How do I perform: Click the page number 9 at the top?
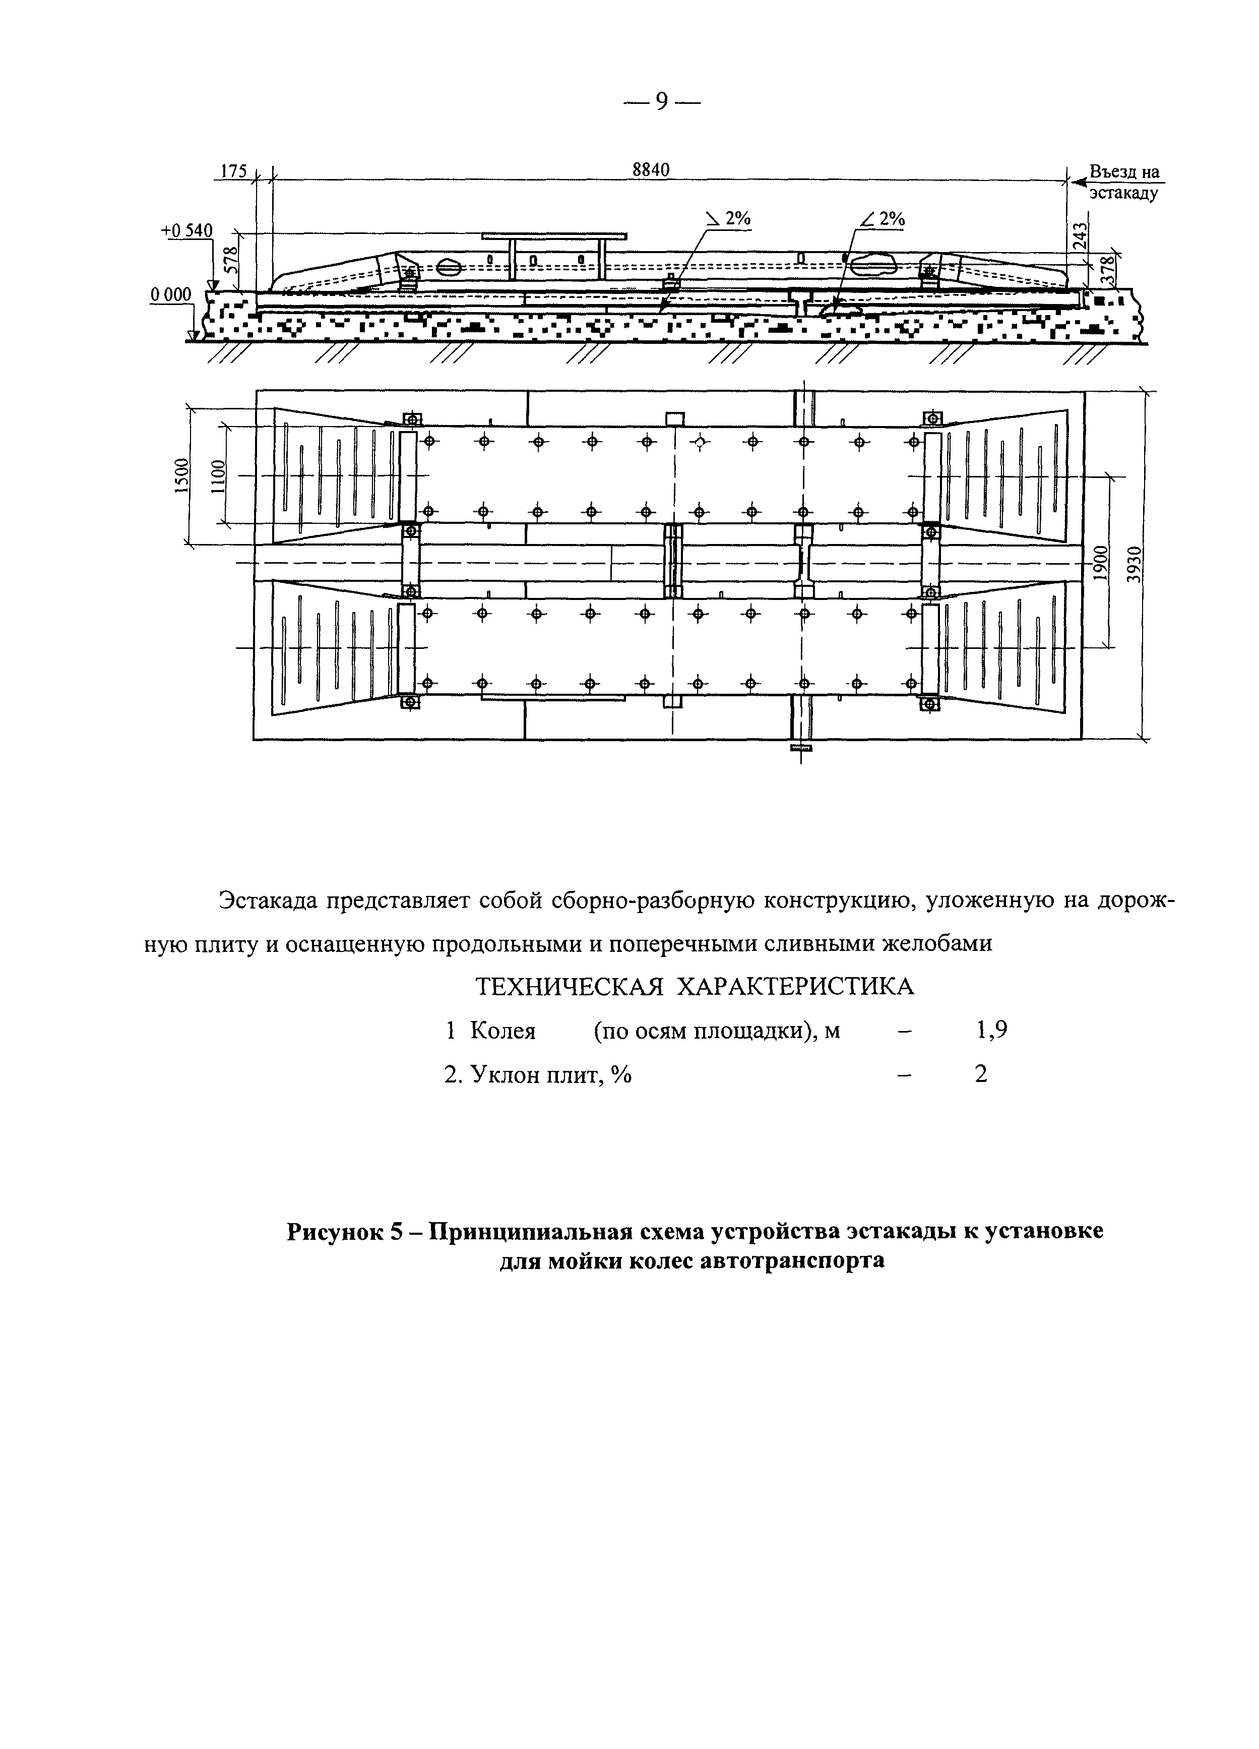point(661,101)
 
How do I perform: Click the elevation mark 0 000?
point(170,294)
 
